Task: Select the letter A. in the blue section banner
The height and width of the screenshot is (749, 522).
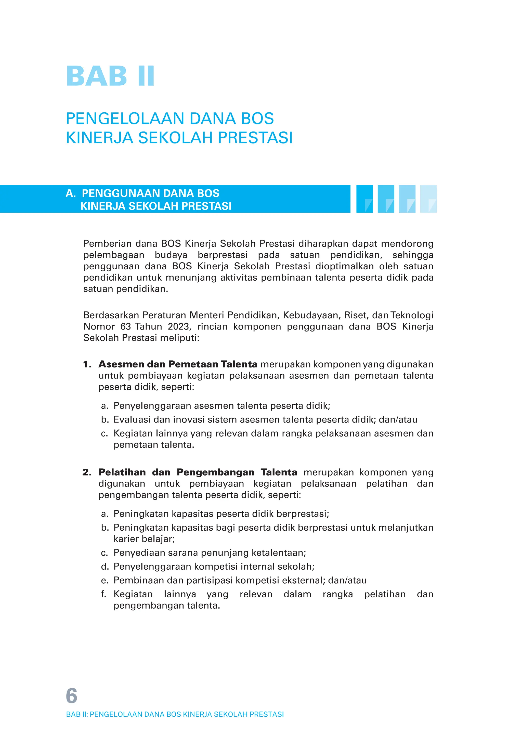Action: [x=70, y=193]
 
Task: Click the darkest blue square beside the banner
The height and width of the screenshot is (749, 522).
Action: [x=364, y=199]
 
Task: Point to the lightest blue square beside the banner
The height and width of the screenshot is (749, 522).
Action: [x=428, y=199]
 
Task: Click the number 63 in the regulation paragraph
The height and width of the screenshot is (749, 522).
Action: [x=126, y=326]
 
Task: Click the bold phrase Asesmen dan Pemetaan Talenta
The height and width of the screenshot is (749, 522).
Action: [x=178, y=364]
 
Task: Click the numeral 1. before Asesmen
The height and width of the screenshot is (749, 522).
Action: [x=87, y=364]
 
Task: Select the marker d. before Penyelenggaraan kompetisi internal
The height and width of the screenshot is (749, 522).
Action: [x=105, y=566]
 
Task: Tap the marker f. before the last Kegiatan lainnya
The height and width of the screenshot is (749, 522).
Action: [x=104, y=594]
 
